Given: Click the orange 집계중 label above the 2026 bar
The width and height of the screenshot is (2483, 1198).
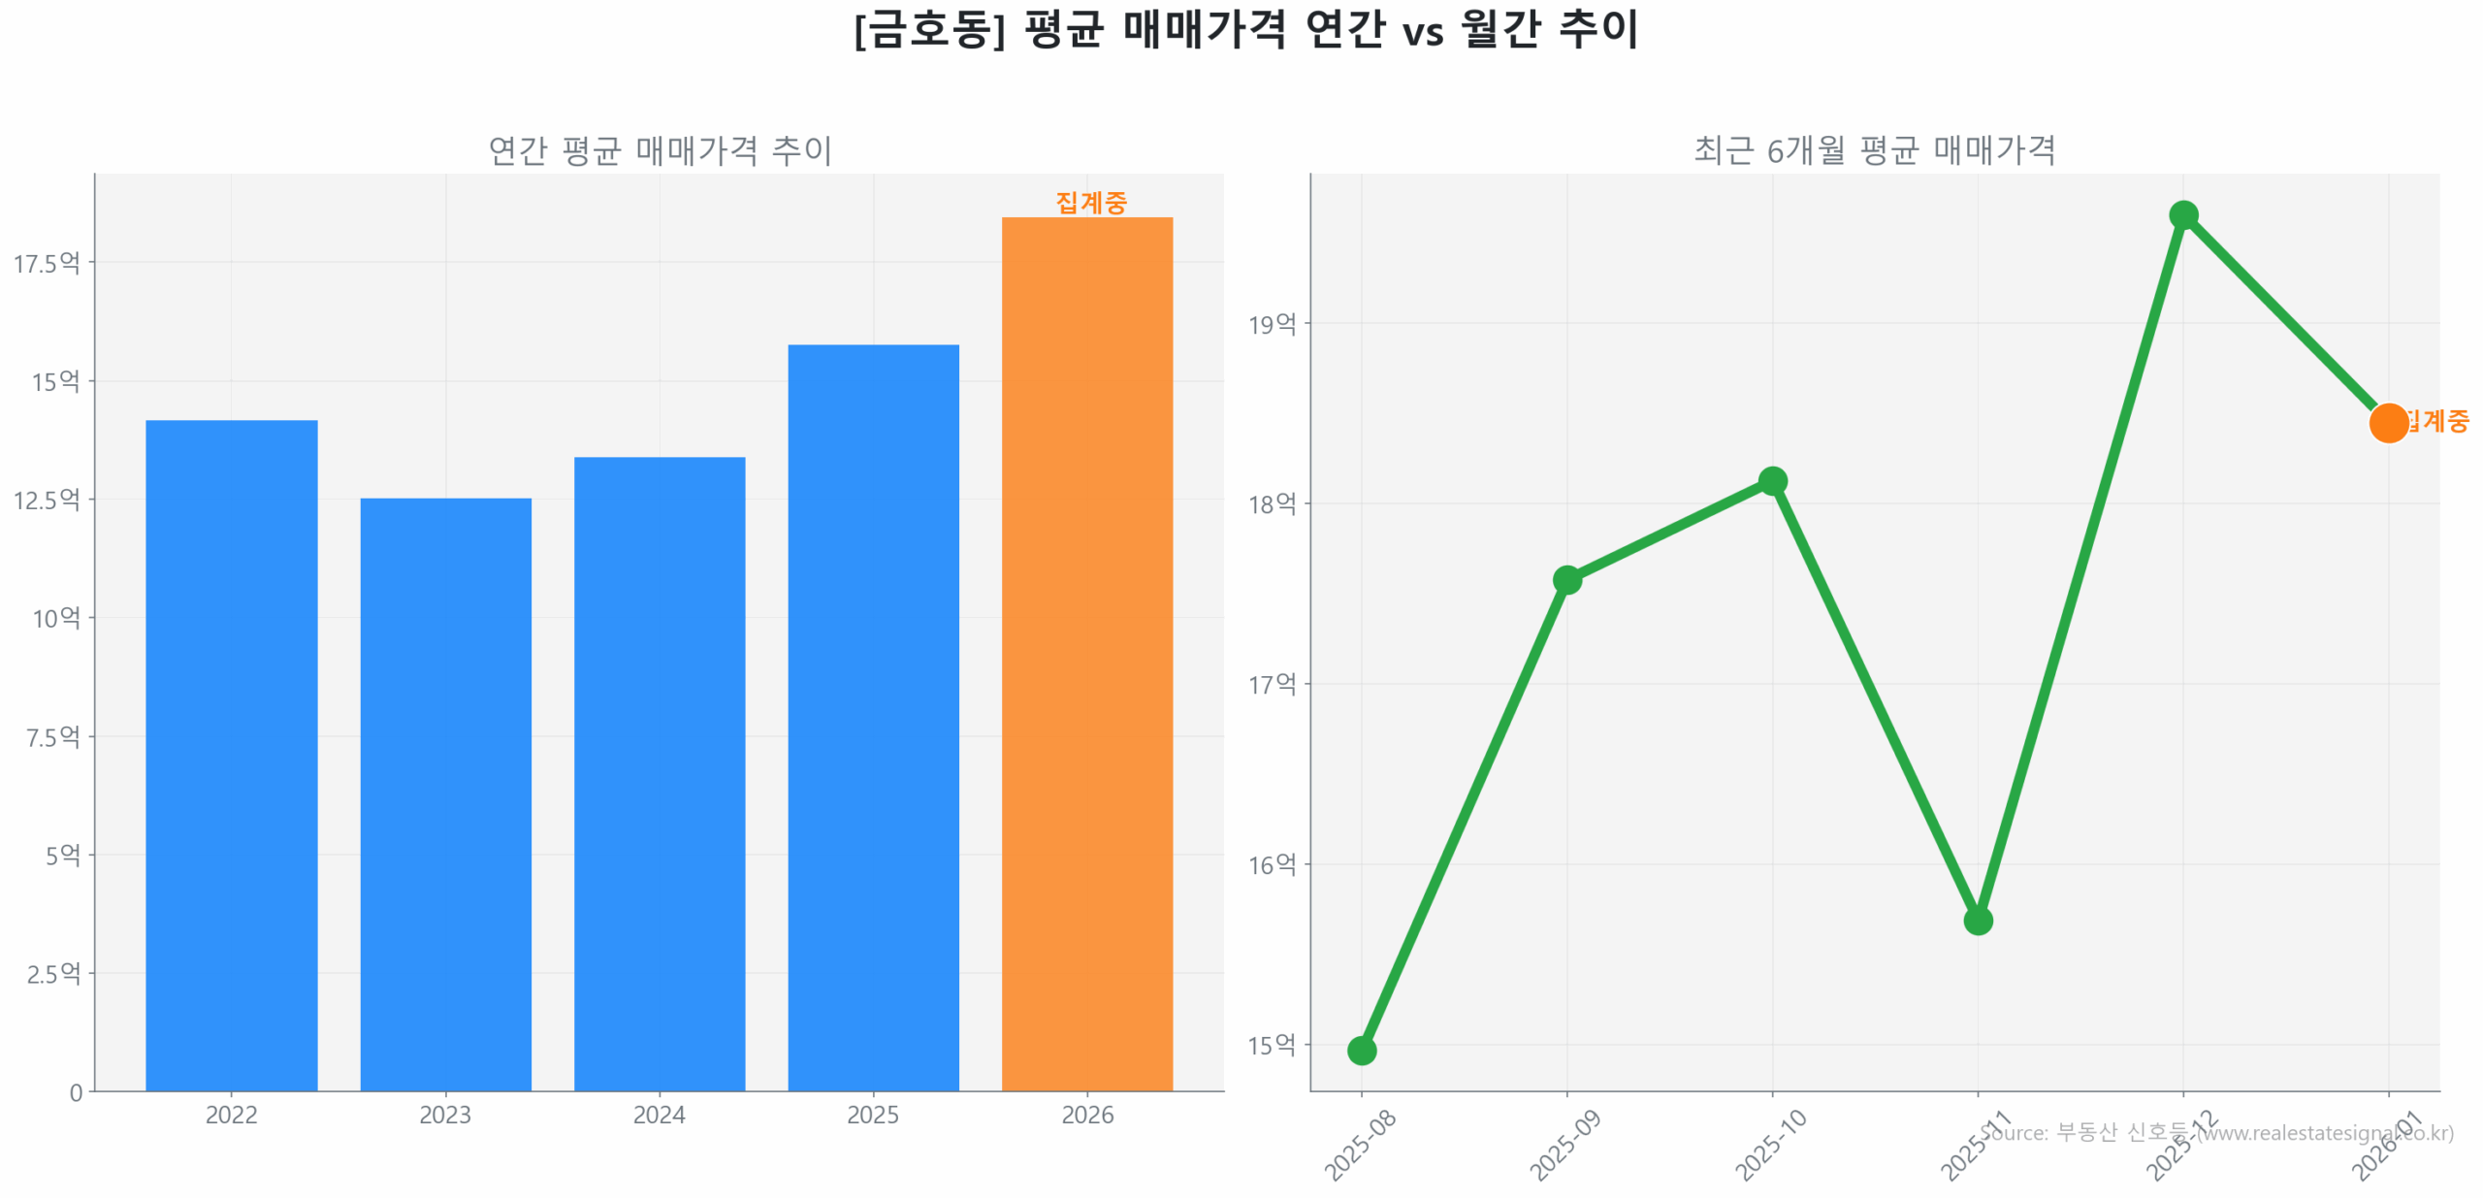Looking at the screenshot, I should pyautogui.click(x=1089, y=202).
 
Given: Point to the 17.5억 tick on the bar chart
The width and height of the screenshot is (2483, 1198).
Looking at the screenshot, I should pyautogui.click(x=46, y=262).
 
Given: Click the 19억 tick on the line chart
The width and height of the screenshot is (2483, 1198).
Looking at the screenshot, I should pyautogui.click(x=1270, y=323).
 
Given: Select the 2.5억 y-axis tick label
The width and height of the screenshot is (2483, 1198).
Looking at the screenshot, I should pyautogui.click(x=52, y=972).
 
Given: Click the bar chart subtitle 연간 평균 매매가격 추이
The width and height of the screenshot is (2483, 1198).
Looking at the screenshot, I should pyautogui.click(x=659, y=149).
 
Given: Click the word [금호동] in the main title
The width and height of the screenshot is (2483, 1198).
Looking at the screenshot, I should pyautogui.click(x=928, y=29).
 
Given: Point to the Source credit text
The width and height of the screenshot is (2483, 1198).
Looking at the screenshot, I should pyautogui.click(x=2215, y=1131).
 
